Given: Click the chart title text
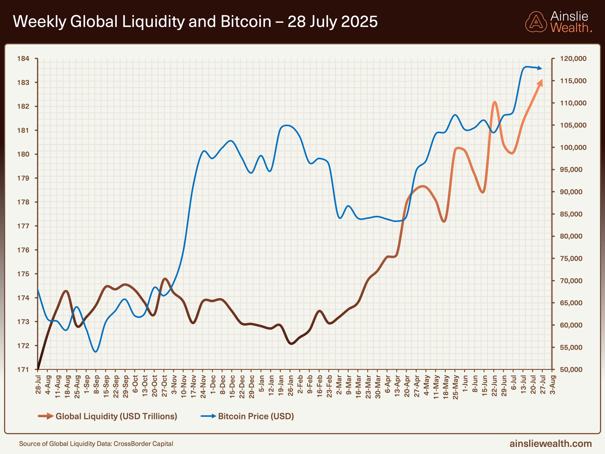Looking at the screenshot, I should click(x=195, y=22).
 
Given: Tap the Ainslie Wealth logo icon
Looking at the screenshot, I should click(x=536, y=22).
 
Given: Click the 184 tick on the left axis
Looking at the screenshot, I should click(x=23, y=59).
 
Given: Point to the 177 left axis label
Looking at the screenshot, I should click(x=23, y=226).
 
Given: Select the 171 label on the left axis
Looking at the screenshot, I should click(x=23, y=369).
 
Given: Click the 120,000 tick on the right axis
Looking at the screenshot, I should click(x=573, y=59).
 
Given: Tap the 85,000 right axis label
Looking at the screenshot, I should click(x=571, y=214).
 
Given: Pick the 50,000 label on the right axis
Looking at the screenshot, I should click(x=571, y=369).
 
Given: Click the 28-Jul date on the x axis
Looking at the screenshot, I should click(x=38, y=385).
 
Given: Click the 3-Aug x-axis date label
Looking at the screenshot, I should click(x=552, y=385).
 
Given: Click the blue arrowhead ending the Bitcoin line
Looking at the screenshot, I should click(x=540, y=68).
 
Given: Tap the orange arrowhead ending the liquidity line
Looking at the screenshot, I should click(x=540, y=83).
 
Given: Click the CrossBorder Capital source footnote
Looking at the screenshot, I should click(x=96, y=444).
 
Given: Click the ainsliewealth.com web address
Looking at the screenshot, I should click(x=550, y=443).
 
